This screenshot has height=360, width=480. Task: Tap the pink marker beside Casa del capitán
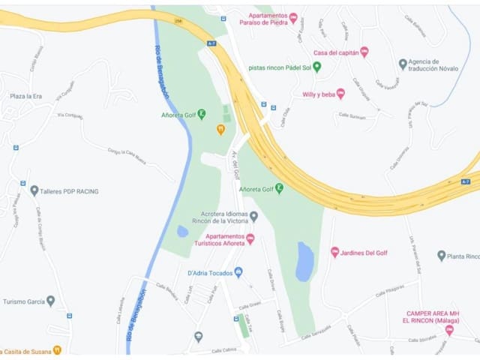coord(364,52)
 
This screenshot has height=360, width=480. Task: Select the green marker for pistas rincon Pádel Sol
coord(316,67)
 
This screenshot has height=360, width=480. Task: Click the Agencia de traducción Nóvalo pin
coord(403,64)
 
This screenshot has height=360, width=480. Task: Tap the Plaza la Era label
coord(25,97)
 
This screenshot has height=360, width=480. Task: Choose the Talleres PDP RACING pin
coord(34,190)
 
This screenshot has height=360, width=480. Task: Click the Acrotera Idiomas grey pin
coord(253,217)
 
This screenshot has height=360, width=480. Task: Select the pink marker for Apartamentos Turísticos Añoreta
coord(250,238)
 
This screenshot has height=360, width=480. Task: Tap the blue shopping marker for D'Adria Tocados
coord(238,271)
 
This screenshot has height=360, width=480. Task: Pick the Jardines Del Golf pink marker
coord(335,252)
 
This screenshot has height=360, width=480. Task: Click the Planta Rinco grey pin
coord(441,256)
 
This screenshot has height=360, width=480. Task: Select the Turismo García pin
coord(50,301)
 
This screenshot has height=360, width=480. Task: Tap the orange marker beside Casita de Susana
coord(57,349)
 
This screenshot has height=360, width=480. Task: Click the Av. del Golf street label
coord(235,165)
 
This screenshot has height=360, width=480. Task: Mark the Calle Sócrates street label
coord(422,340)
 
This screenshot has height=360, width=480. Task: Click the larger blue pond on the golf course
coord(304,261)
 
